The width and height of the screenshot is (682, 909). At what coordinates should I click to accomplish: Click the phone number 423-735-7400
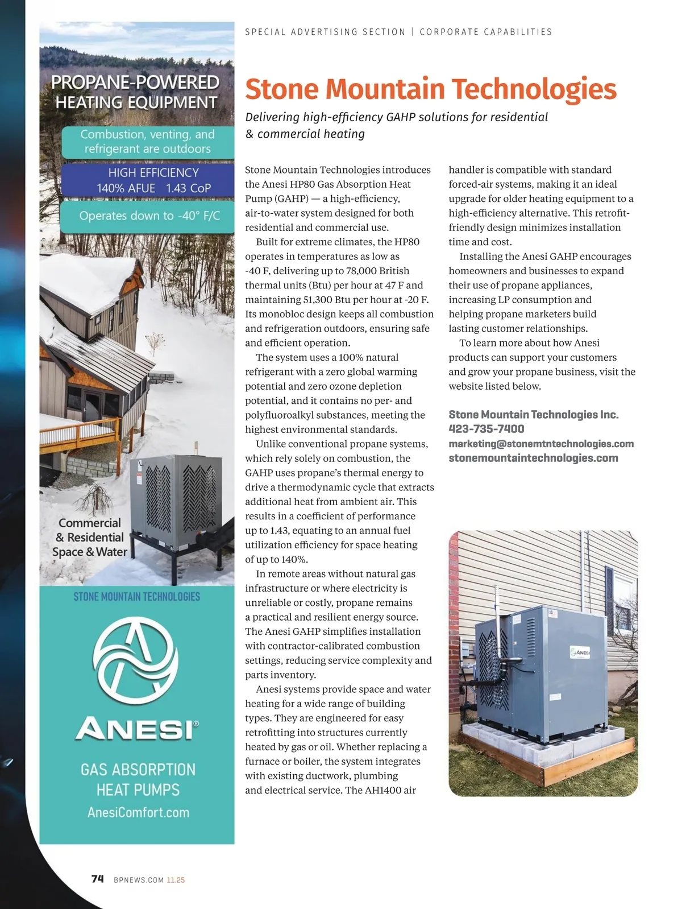pos(486,429)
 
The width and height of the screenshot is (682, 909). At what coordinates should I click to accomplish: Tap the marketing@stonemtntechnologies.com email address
pos(541,444)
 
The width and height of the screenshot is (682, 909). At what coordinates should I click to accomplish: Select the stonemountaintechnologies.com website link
pos(533,458)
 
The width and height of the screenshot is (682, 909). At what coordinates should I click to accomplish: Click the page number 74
pos(98,879)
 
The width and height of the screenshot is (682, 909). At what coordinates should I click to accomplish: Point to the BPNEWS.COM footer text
pos(139,880)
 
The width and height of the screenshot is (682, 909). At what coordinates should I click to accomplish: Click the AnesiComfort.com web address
pos(138,812)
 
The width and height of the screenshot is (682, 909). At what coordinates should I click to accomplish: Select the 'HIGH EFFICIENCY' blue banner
pos(153,180)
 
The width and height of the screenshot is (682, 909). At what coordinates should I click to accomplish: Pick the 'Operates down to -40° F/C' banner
pos(149,216)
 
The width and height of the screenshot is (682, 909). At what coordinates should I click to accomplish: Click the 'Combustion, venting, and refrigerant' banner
pos(147,142)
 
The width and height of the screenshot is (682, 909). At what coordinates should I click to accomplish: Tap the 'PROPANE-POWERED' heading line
pos(135,82)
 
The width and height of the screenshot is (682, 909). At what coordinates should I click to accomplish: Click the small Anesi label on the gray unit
pos(580,652)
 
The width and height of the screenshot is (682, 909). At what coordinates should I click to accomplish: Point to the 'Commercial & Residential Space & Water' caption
pos(90,537)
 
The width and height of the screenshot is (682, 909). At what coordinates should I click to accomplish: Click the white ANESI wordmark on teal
pos(137,729)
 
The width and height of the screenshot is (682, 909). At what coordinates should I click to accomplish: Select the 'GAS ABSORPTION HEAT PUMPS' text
pos(138,779)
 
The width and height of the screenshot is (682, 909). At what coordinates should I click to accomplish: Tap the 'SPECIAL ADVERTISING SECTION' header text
pos(325,32)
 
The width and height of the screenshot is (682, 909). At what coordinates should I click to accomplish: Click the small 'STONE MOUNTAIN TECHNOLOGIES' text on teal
pos(137,597)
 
